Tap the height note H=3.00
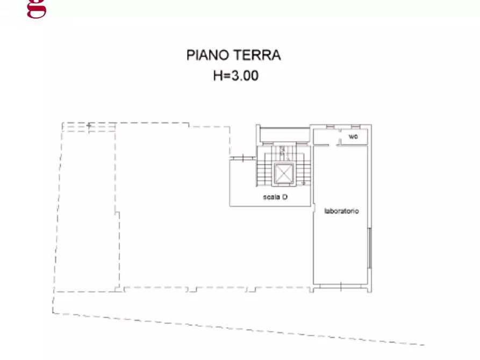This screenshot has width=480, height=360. point(235,76)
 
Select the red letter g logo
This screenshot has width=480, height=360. point(37,9)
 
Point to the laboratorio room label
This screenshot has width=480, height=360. point(341,211)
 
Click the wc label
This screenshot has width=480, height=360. point(353,138)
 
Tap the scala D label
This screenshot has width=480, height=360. point(275,197)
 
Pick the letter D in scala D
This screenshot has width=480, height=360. point(285,197)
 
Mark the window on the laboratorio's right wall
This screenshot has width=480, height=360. point(369,248)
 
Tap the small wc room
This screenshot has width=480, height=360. point(353,138)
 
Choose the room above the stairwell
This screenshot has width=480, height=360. point(284,136)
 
